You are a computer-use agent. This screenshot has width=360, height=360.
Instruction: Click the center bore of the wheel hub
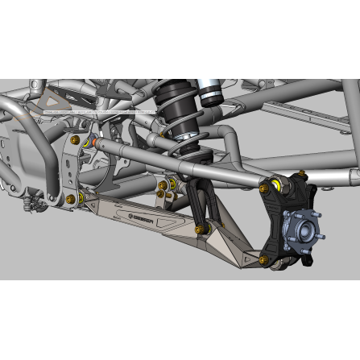tap(302, 228)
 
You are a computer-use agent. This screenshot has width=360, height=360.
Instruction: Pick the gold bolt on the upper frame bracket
tap(76, 140)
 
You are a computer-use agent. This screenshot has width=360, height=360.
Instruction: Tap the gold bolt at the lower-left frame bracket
tap(71, 198)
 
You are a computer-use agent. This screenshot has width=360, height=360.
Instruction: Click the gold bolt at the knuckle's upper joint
tap(263, 187)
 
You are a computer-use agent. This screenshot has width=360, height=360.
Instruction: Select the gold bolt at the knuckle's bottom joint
tap(263, 259)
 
